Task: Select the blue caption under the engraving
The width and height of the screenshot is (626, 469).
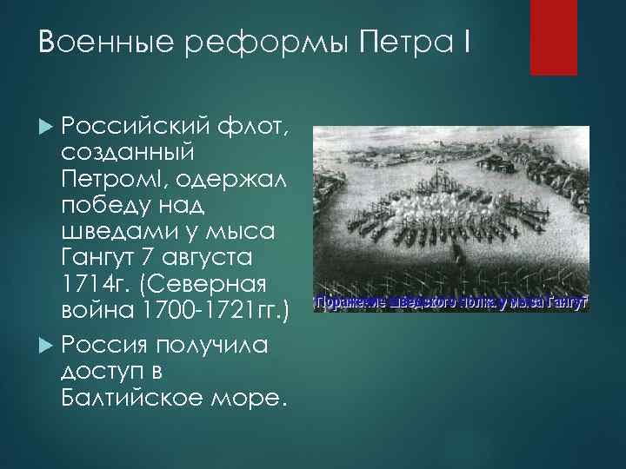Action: click(451, 303)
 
